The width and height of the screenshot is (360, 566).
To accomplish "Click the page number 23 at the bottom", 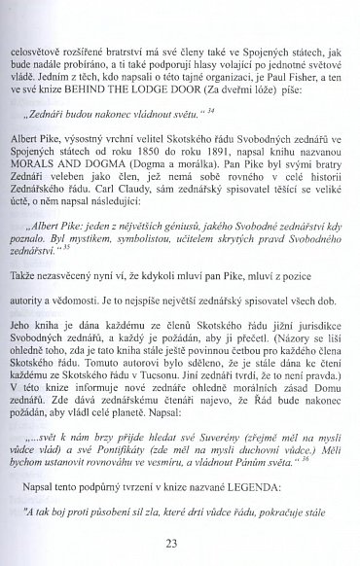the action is (x=180, y=543).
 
